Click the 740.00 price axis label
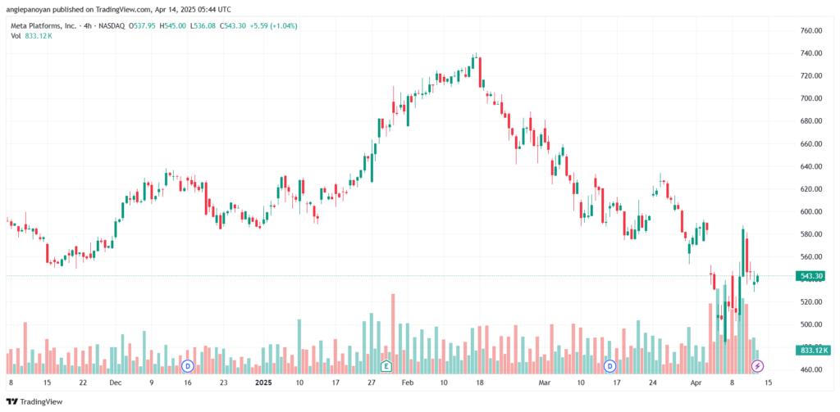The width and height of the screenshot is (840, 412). (811, 53)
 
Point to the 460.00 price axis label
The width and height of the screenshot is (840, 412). (811, 369)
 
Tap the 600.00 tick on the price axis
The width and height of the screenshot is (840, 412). (811, 212)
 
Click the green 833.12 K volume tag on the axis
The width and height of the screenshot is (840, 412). (811, 351)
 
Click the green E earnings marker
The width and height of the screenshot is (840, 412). (386, 366)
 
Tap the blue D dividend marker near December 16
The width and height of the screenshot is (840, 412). (188, 366)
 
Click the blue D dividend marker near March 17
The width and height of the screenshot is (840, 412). (609, 366)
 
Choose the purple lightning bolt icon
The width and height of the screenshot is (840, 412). (757, 366)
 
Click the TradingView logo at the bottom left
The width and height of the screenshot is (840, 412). (34, 401)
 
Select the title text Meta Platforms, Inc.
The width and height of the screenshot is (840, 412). (41, 26)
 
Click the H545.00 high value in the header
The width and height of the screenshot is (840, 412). (176, 26)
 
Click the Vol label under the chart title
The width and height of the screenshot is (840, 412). (16, 36)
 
